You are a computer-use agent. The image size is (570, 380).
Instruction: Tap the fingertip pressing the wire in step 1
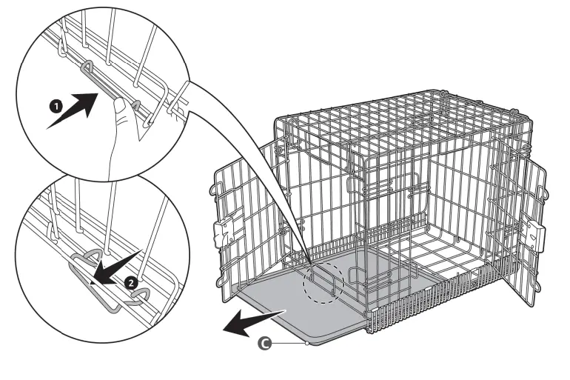pyautogui.click(x=119, y=109)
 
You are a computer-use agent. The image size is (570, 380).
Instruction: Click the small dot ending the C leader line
pyautogui.click(x=306, y=343)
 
